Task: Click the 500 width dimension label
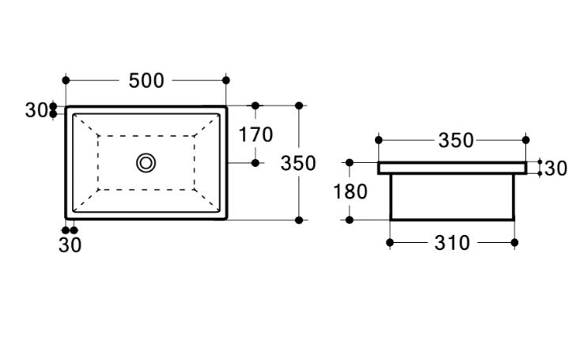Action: (x=146, y=81)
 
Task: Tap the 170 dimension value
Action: (x=255, y=135)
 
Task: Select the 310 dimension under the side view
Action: (x=451, y=243)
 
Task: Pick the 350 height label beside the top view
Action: (x=298, y=164)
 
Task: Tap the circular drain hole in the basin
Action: (x=146, y=163)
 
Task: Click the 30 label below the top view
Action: (x=70, y=245)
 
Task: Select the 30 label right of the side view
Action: (x=556, y=168)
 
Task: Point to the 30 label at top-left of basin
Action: (x=36, y=111)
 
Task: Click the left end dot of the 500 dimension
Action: (x=66, y=81)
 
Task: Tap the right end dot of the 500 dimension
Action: (x=227, y=81)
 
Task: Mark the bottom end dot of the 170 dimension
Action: (x=255, y=163)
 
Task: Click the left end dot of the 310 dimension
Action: (x=390, y=243)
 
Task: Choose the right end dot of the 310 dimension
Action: (x=515, y=243)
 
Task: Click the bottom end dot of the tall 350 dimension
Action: (x=298, y=219)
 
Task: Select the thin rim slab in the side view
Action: (x=452, y=168)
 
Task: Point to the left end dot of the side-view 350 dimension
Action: (x=378, y=141)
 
